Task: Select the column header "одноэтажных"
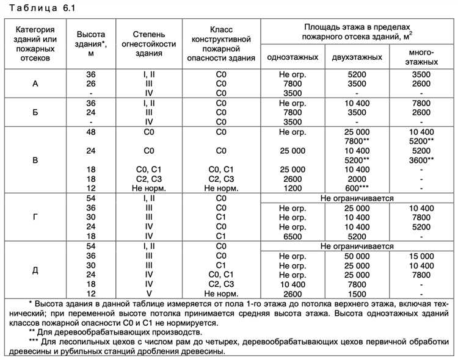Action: (x=292, y=57)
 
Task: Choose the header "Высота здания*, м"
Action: (x=91, y=44)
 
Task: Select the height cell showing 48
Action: (x=91, y=132)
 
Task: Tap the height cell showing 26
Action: (x=91, y=84)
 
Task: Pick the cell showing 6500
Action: (x=292, y=236)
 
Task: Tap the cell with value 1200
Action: (x=292, y=188)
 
